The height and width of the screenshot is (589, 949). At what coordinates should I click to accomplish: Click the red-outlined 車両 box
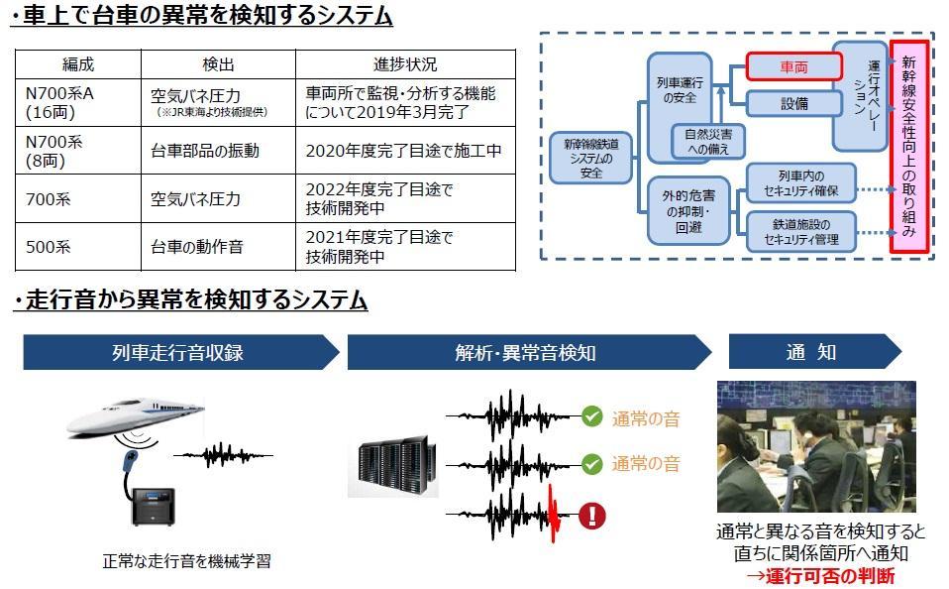pos(793,66)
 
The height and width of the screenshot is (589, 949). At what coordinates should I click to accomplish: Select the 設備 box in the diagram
pos(793,103)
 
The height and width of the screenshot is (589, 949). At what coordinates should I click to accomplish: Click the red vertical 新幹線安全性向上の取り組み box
pos(908,147)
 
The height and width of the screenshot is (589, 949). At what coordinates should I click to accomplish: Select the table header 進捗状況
pos(404,64)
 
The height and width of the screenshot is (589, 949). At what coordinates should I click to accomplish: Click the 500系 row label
pos(49,246)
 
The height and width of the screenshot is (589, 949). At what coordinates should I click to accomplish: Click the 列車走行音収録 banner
pos(178,352)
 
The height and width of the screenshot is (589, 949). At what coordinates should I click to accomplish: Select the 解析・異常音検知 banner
pos(526,352)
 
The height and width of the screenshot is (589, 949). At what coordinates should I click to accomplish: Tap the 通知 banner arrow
pos(811,352)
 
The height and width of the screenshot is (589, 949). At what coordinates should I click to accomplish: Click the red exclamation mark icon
pos(591,515)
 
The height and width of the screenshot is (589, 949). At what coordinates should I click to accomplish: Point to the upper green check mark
pos(591,416)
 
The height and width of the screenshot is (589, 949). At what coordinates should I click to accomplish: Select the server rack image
pos(393,464)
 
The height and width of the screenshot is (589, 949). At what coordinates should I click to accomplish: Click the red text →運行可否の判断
pos(820,576)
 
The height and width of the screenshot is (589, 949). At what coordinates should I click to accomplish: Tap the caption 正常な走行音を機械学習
pos(186,561)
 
